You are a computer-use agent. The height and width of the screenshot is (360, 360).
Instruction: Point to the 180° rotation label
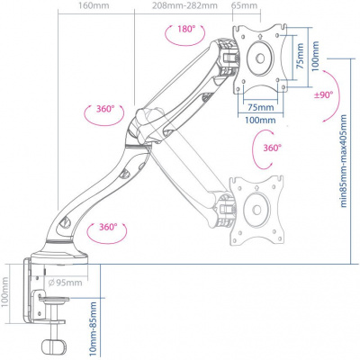186,29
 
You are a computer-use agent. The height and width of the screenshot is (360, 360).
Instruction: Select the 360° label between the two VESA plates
271,148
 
